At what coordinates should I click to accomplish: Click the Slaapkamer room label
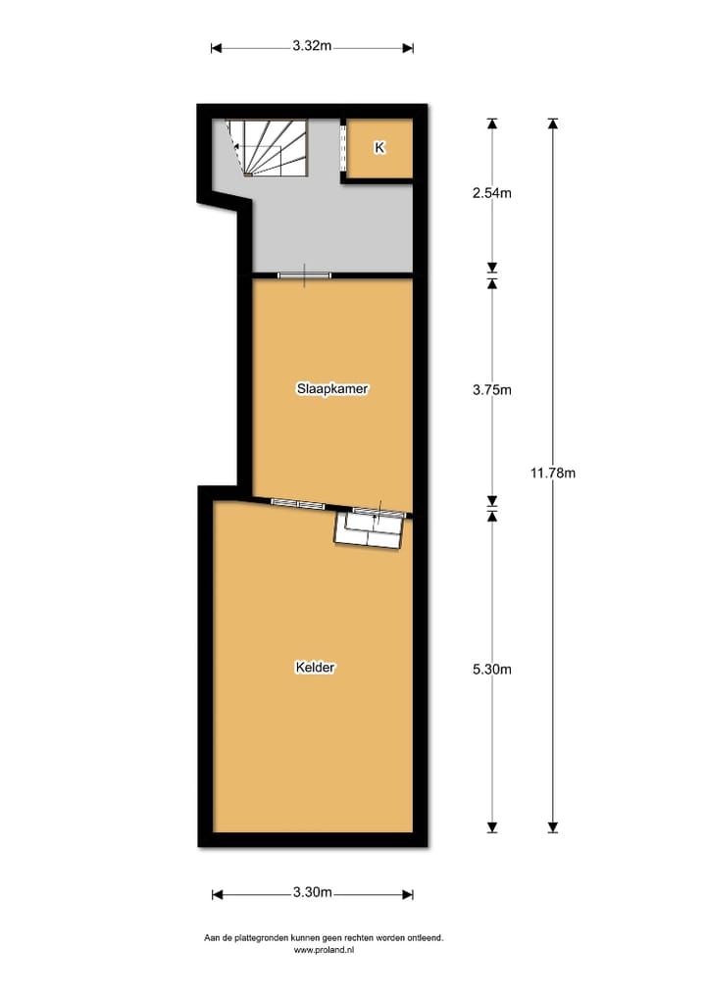(332, 388)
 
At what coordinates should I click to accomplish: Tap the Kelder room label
(315, 668)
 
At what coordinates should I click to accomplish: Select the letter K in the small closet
(379, 148)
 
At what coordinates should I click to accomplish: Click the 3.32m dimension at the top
(312, 45)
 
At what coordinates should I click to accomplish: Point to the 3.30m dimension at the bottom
(312, 892)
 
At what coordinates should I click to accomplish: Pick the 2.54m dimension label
(491, 193)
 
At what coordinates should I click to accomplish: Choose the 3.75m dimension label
(491, 389)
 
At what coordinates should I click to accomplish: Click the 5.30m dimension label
(491, 670)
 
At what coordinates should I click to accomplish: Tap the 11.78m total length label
(552, 473)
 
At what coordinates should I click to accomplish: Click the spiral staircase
(267, 148)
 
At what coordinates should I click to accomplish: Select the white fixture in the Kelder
(369, 531)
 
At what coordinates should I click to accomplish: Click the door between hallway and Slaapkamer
(304, 275)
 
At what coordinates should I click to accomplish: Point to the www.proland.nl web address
(323, 950)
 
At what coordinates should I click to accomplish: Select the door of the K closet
(343, 148)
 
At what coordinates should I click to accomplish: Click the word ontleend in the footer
(423, 937)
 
